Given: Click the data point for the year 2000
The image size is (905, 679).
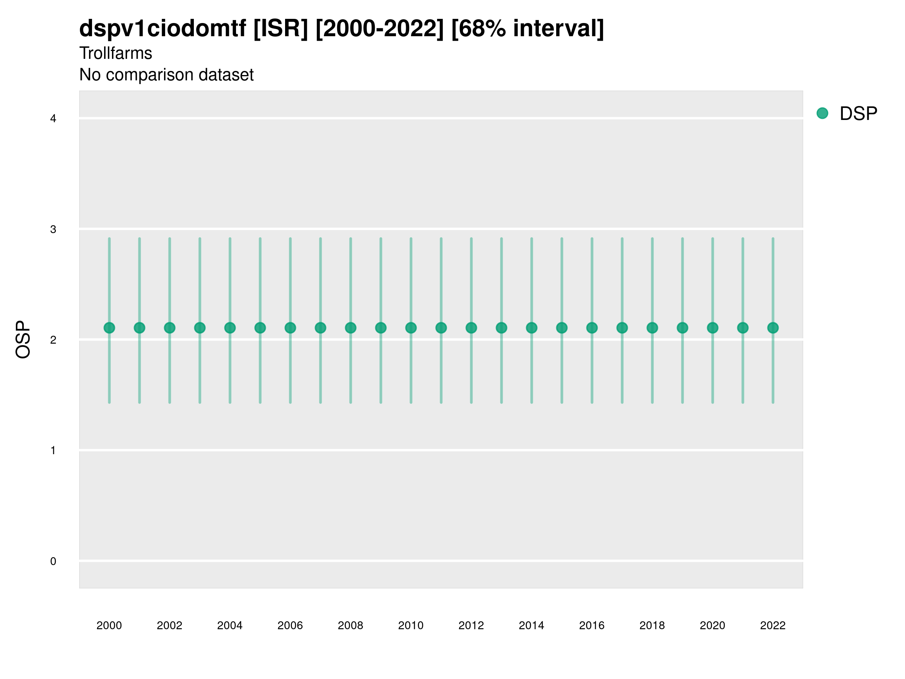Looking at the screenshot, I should point(109,328).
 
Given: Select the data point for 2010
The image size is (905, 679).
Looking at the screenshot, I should point(411,328).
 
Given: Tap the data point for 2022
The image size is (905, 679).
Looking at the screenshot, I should point(773,328).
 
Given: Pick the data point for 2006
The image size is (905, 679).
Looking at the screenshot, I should point(290,328).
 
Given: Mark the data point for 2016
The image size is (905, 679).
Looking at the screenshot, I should point(592,328).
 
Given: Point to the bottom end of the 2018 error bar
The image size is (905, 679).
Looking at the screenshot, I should point(652,402).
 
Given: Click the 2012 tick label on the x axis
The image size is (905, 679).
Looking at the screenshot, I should point(471,625).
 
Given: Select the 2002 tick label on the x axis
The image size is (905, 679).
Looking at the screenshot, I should point(169,625).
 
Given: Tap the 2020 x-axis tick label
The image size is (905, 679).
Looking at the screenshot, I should point(712,625).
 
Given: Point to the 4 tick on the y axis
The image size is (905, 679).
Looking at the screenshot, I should point(53,119).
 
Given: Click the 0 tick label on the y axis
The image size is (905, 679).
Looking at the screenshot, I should point(53,561).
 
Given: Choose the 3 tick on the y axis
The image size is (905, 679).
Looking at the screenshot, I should point(53,229).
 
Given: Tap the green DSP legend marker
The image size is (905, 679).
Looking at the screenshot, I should point(822,114).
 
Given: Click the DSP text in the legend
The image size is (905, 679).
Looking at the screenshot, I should point(858,114).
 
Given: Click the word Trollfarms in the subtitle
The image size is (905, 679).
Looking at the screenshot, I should point(116,53).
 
